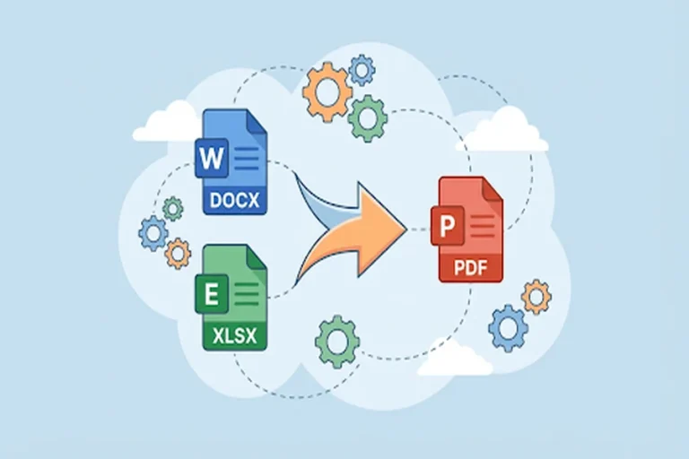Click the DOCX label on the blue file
(235, 200)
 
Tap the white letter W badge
(212, 158)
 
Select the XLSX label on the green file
(235, 336)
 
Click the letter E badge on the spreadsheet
(212, 294)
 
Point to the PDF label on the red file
(471, 267)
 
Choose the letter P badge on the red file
(448, 226)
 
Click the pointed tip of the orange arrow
(406, 227)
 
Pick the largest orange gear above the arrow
(327, 92)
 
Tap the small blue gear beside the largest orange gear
(362, 70)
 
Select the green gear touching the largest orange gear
(368, 118)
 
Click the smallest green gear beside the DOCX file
(172, 208)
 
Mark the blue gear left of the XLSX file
(153, 233)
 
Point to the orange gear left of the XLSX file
(178, 254)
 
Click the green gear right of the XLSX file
(337, 342)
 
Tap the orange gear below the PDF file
(536, 297)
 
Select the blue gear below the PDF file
(509, 328)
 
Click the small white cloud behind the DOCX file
(168, 123)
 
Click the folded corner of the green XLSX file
(257, 256)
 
